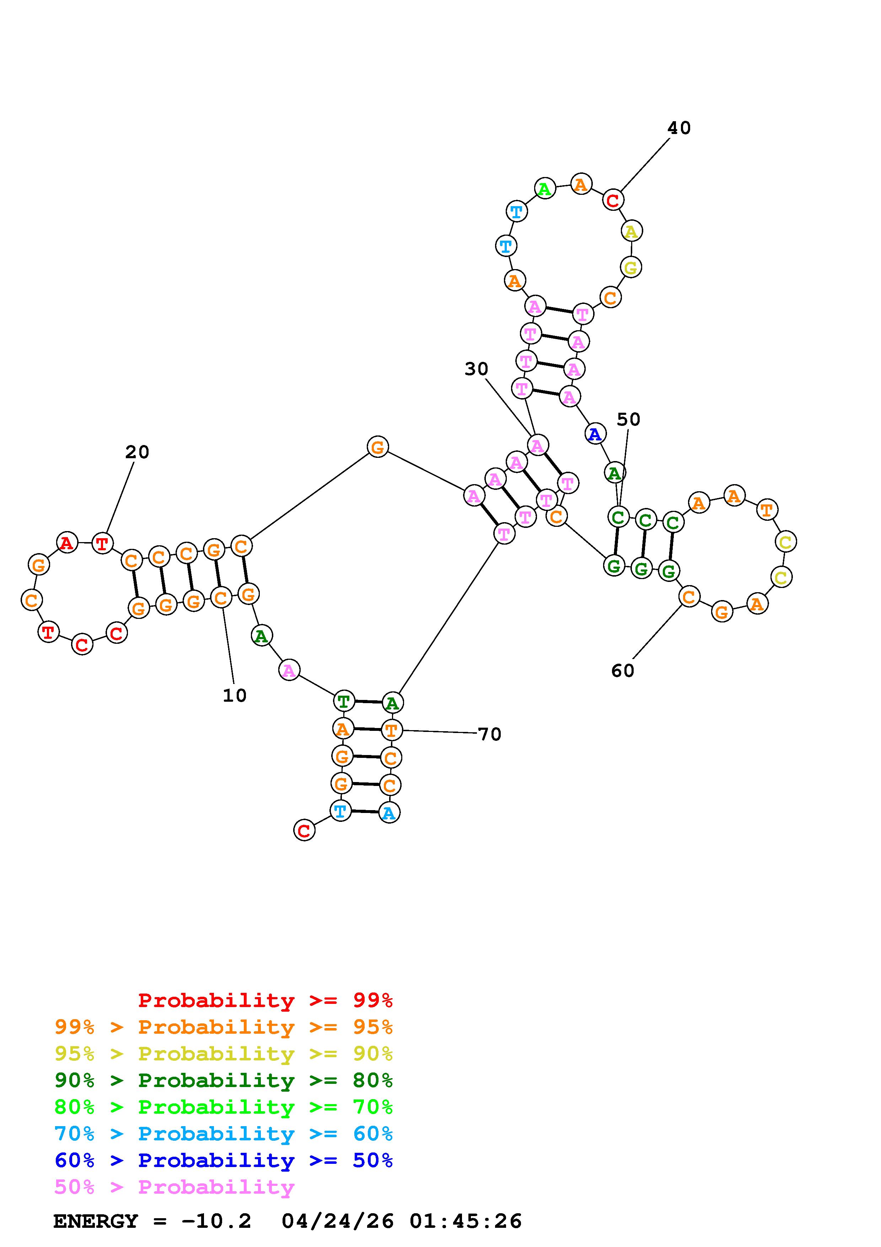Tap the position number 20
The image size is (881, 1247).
click(137, 452)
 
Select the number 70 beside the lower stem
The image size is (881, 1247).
click(490, 734)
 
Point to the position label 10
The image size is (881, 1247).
click(235, 695)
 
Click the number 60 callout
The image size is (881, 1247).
click(623, 671)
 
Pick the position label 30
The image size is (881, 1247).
click(476, 369)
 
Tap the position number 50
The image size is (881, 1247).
click(629, 419)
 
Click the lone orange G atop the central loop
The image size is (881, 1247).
click(377, 447)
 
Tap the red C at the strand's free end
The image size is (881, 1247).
click(304, 830)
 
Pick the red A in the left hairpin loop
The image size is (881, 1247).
click(67, 542)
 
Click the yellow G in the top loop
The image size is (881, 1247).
click(631, 267)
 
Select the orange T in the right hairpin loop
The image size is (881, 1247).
click(767, 509)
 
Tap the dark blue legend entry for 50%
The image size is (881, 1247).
click(223, 1160)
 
